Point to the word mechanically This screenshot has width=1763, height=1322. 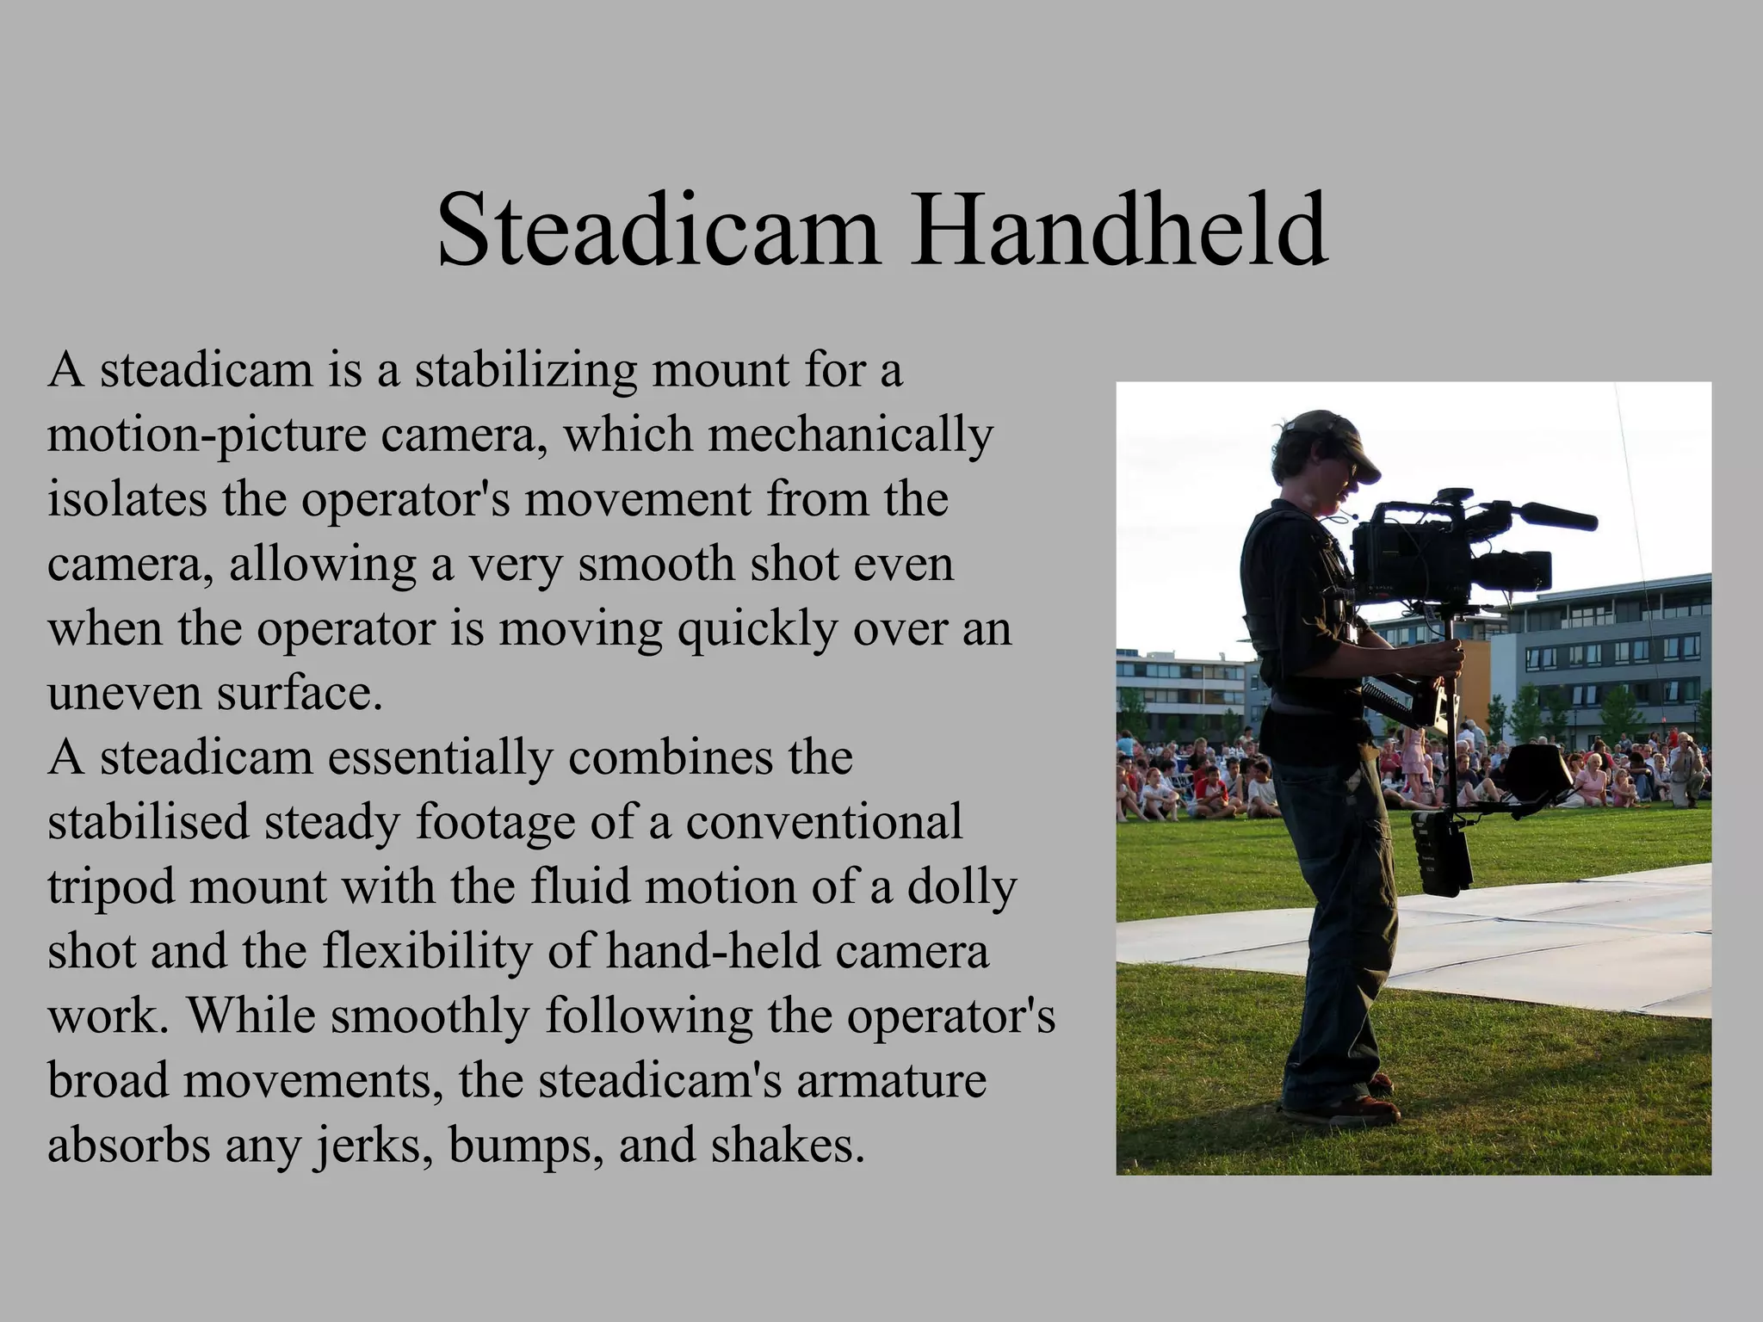pyautogui.click(x=851, y=436)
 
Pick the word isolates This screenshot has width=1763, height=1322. pyautogui.click(x=127, y=499)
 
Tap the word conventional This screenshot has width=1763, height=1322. pyautogui.click(x=824, y=822)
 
